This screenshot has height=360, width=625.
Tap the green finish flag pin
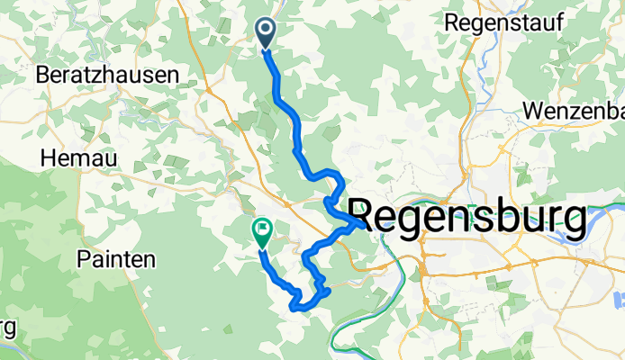pyautogui.click(x=261, y=233)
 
